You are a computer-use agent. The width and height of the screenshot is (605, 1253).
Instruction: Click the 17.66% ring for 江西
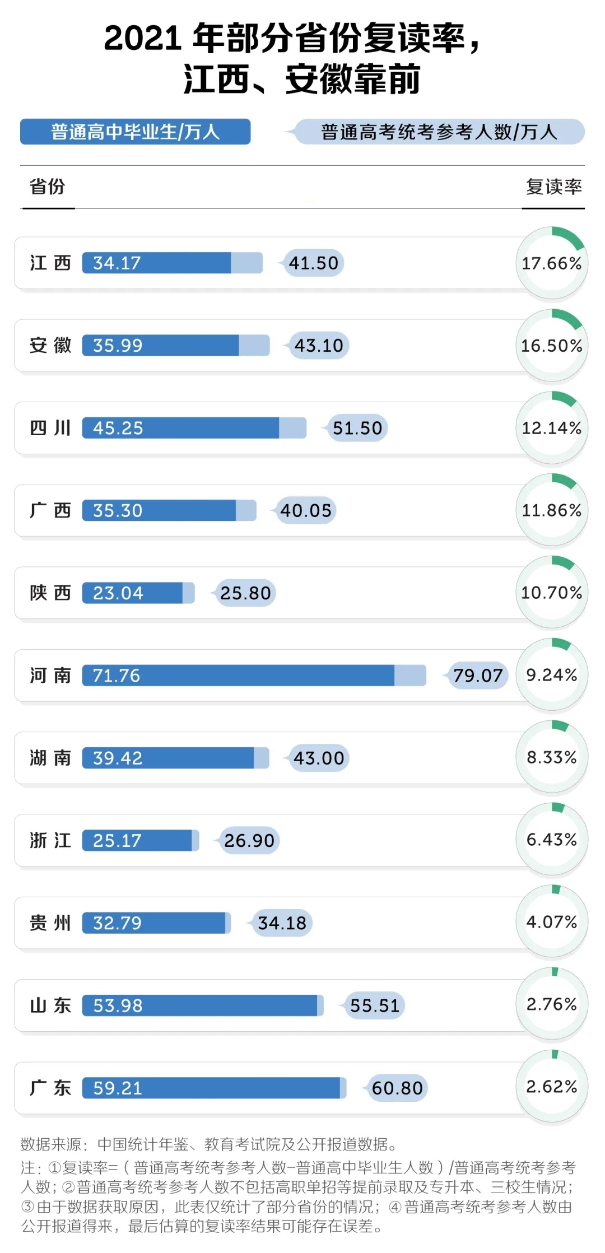[x=552, y=263]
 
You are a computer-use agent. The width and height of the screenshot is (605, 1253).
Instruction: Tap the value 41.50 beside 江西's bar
[x=314, y=263]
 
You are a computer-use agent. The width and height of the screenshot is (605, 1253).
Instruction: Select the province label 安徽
[x=50, y=345]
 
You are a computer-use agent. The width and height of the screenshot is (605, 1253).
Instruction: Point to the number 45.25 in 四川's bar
[x=118, y=428]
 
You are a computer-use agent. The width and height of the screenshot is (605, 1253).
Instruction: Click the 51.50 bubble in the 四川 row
[x=357, y=428]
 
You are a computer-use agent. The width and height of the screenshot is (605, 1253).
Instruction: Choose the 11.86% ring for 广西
[x=552, y=510]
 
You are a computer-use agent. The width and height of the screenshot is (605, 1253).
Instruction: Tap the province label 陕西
[x=50, y=593]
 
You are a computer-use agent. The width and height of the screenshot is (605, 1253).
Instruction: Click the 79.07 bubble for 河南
[x=478, y=676]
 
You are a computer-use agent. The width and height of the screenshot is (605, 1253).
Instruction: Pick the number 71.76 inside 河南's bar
[x=117, y=676]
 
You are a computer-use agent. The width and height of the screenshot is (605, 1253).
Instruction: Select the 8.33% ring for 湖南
[x=552, y=757]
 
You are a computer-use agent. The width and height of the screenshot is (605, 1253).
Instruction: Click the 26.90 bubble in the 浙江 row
[x=249, y=840]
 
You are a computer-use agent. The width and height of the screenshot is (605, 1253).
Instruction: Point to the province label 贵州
[x=50, y=923]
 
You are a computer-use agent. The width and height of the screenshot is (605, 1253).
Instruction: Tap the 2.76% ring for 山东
[x=552, y=1004]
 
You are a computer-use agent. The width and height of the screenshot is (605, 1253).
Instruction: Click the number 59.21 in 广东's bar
[x=118, y=1088]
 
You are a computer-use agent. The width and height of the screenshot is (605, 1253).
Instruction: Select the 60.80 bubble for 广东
[x=397, y=1088]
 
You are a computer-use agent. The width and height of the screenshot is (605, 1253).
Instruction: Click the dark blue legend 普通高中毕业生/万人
[x=135, y=132]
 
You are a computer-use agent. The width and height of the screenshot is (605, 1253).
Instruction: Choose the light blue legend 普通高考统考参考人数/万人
[x=439, y=132]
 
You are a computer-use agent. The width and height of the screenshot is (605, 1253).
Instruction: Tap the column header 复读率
[x=553, y=187]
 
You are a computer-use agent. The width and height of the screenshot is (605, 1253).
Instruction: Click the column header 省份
[x=48, y=187]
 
